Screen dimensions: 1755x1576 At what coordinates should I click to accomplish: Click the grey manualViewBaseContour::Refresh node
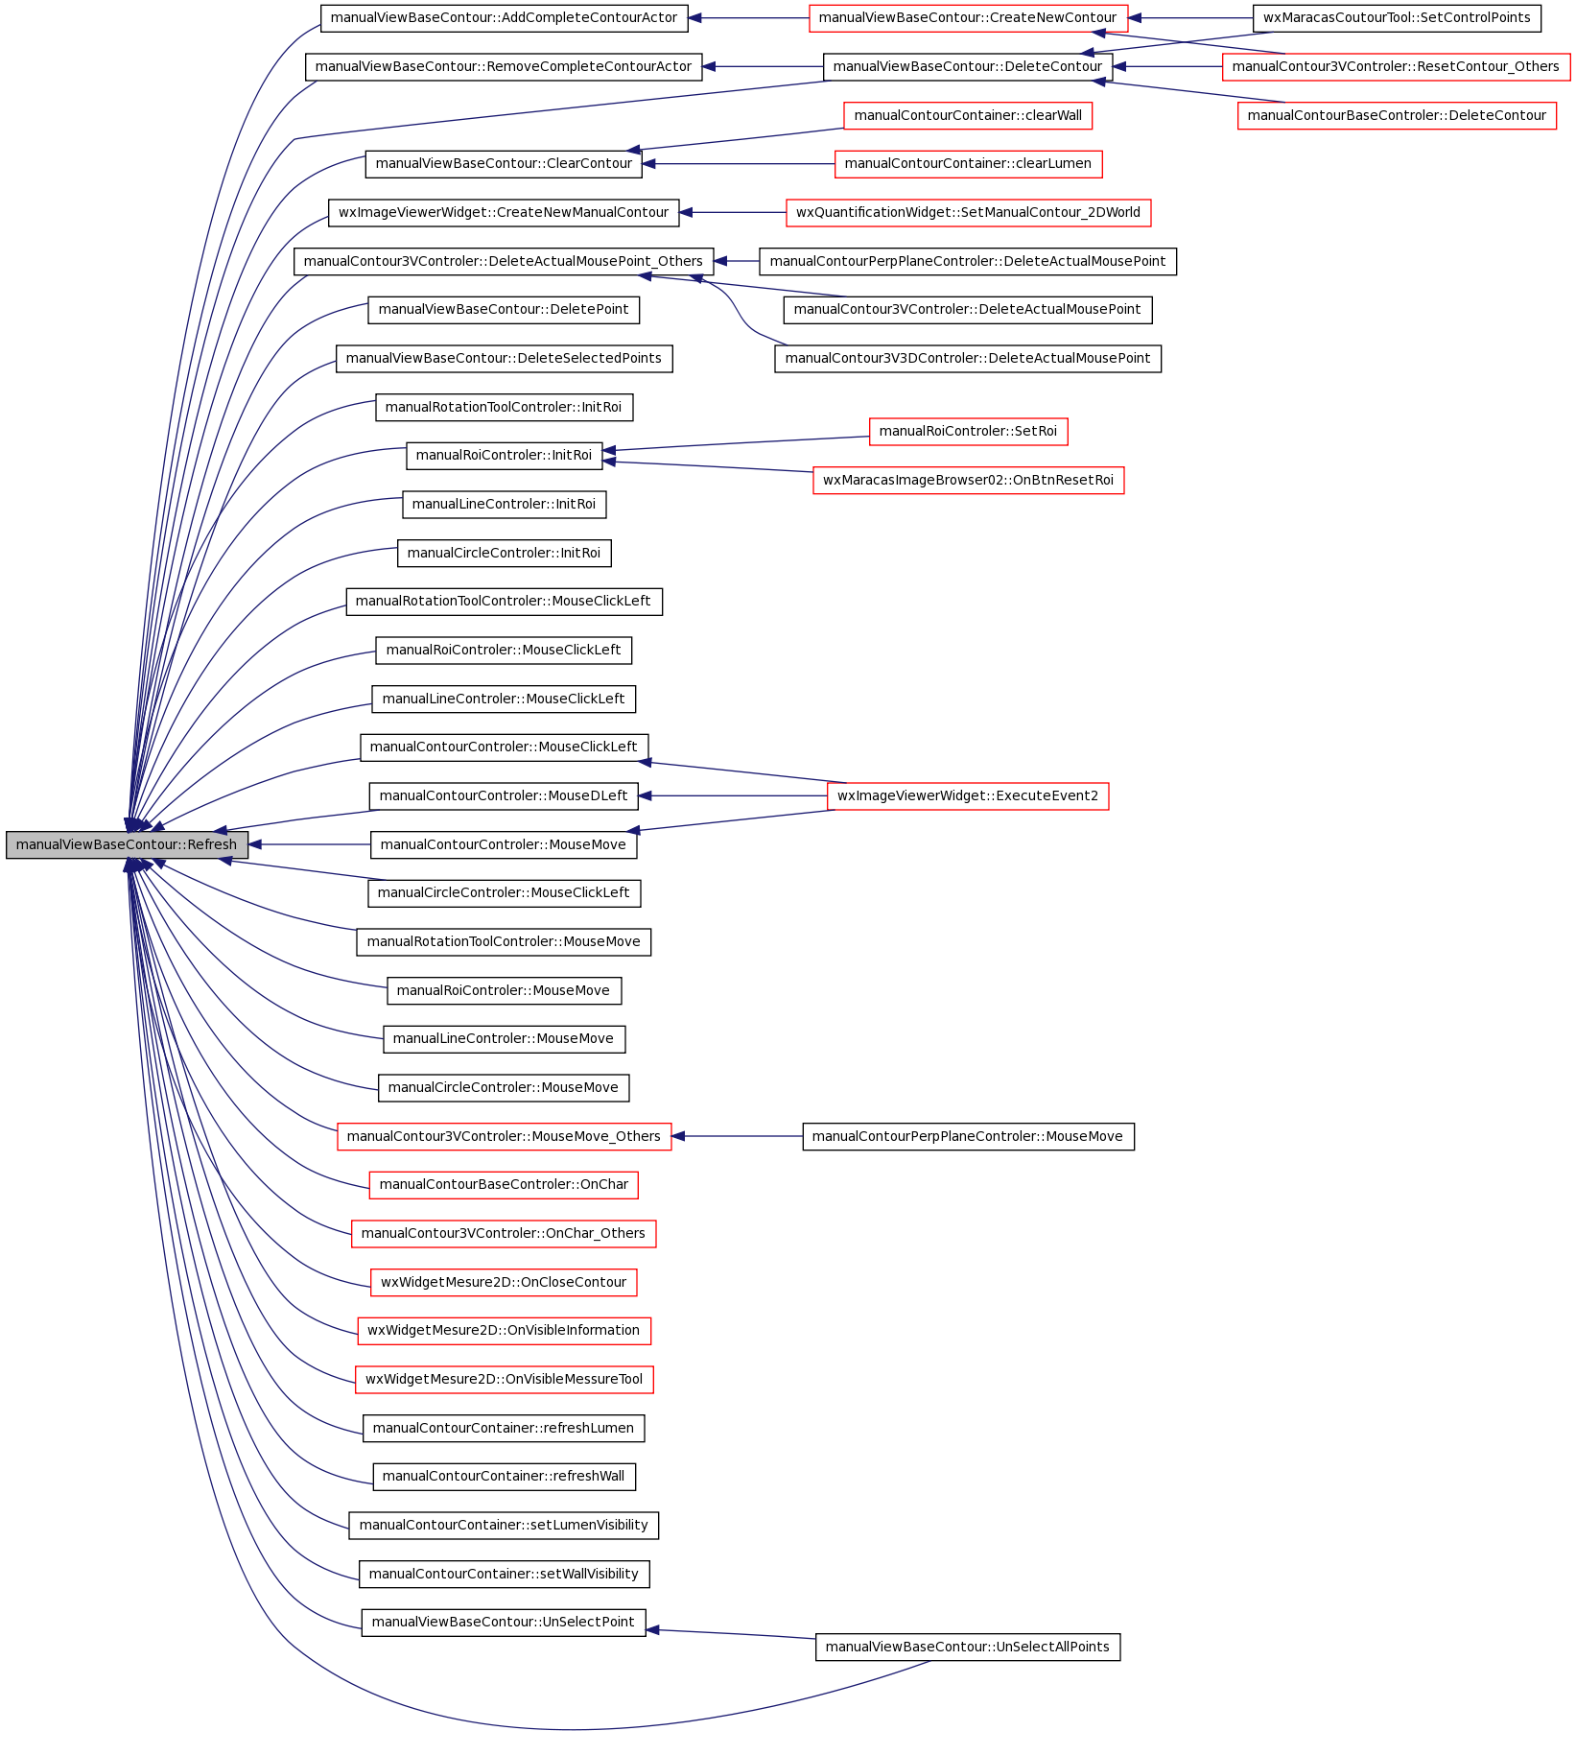point(127,845)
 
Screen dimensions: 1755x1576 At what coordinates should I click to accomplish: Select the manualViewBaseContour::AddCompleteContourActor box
point(504,18)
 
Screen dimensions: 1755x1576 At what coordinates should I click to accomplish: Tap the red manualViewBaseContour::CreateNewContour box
point(968,18)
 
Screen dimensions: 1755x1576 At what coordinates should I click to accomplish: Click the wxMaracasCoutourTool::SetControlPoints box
point(1397,18)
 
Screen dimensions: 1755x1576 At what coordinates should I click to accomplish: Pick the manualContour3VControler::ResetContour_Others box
point(1396,67)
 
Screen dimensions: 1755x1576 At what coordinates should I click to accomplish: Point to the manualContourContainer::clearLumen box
point(968,164)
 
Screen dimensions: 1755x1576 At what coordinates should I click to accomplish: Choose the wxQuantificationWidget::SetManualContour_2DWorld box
point(968,213)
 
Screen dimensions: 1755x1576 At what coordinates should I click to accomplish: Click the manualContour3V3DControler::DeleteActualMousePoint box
point(968,359)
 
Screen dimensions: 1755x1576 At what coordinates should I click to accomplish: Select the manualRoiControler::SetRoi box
point(968,432)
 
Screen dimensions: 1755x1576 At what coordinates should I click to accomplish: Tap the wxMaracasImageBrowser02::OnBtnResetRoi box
point(968,481)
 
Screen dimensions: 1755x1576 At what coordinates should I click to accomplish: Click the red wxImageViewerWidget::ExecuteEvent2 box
point(968,796)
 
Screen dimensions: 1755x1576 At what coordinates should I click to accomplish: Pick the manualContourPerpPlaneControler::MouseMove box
point(968,1137)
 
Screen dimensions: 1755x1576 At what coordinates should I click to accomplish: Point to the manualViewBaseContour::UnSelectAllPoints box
point(968,1648)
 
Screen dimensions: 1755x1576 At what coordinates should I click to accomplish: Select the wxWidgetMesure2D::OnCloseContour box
point(504,1283)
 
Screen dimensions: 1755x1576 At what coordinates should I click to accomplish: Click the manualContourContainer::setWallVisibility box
point(504,1575)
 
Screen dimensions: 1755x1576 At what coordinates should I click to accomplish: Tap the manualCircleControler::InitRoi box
point(504,554)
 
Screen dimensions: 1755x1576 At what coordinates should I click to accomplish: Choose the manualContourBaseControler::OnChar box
point(504,1185)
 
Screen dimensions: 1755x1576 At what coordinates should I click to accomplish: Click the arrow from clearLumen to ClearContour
point(739,164)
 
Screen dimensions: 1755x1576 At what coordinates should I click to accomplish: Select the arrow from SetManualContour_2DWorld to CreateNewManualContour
point(733,213)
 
